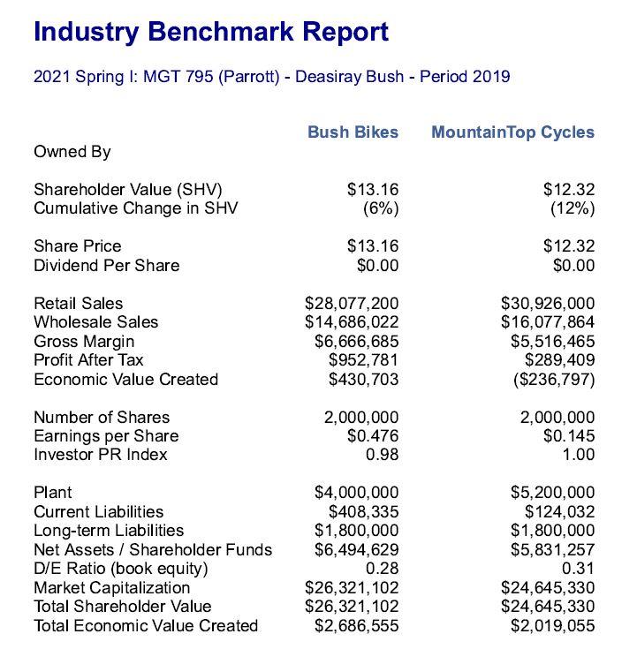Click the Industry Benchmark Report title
210,33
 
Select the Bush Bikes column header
353,132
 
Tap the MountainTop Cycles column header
512,132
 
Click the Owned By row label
72,152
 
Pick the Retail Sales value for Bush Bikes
352,304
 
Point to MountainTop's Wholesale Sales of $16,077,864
548,322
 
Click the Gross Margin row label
84,342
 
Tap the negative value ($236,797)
552,380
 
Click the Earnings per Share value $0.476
373,436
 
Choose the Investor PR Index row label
101,456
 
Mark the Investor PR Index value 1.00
579,456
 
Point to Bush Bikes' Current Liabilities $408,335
363,512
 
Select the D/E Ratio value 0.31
579,569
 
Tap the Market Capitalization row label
111,588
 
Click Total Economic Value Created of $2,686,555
356,626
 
